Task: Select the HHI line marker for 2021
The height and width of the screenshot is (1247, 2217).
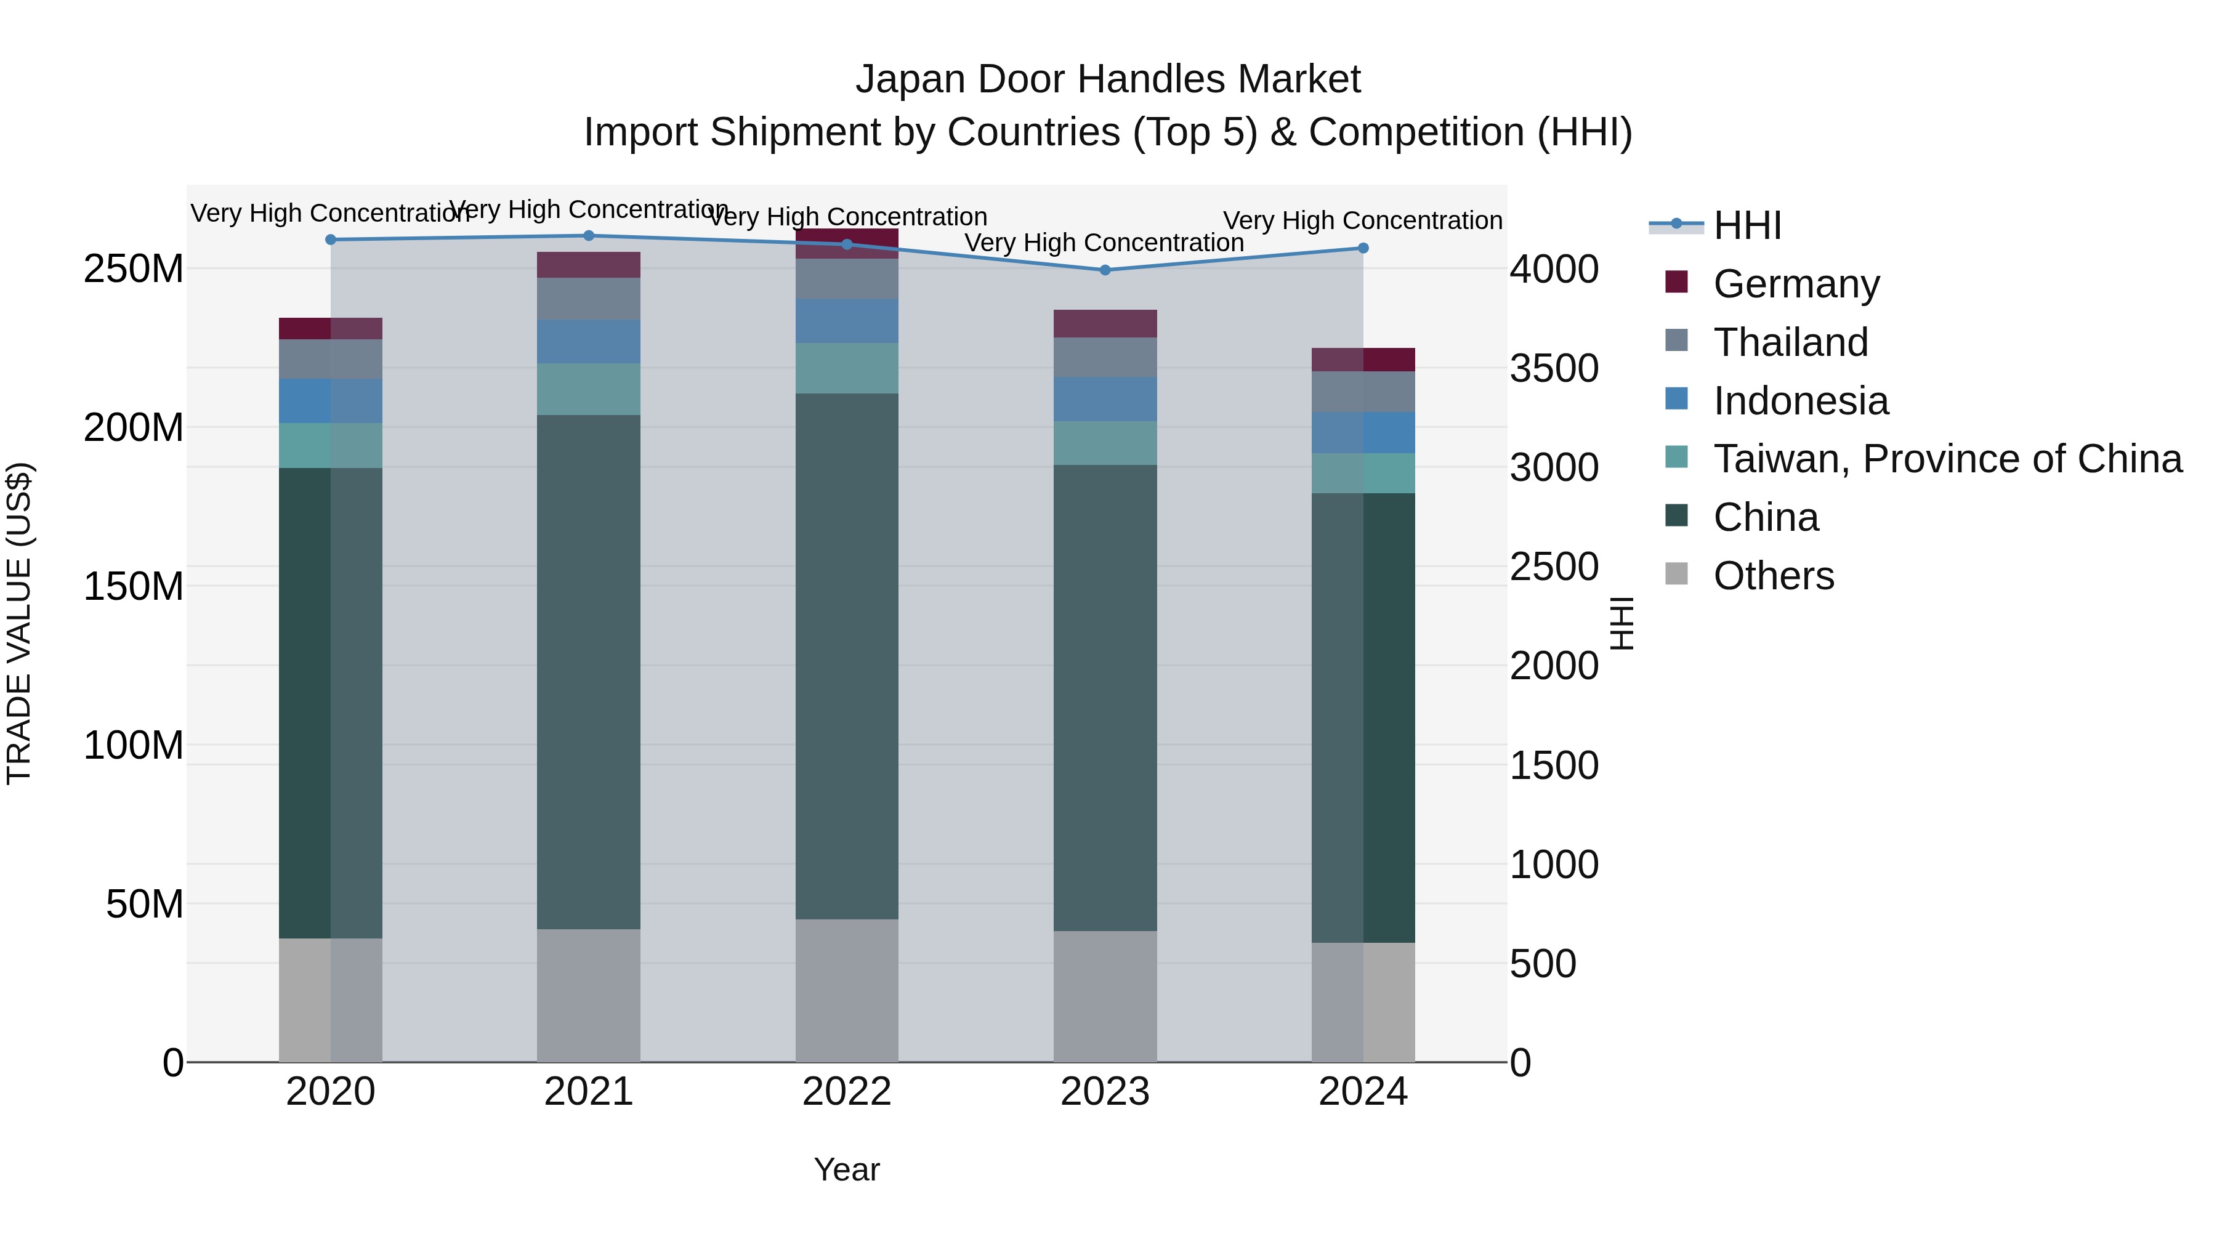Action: tap(589, 236)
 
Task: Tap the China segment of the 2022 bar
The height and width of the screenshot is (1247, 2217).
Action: tap(847, 656)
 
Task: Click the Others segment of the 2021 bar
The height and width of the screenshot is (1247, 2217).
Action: tap(589, 995)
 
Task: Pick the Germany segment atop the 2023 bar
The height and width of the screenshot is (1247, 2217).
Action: tap(1105, 323)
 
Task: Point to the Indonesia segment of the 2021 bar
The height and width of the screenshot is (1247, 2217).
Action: tap(589, 342)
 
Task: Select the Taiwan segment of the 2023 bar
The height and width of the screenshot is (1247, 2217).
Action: tap(1105, 443)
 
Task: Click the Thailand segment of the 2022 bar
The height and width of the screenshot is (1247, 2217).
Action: tap(847, 279)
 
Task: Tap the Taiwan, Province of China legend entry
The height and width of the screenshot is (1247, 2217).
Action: tap(1947, 459)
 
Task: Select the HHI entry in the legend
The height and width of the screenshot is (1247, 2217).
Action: tap(1747, 225)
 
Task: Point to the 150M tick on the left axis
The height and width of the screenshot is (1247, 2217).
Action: tap(134, 586)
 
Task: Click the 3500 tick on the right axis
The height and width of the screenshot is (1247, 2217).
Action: tap(1554, 368)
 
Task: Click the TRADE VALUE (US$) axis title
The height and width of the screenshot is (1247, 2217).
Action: tap(20, 623)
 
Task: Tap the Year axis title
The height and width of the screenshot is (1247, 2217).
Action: tap(847, 1169)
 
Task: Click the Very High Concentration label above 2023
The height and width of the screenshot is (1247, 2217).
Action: tap(1104, 243)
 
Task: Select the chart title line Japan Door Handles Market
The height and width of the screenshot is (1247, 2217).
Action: tap(1108, 79)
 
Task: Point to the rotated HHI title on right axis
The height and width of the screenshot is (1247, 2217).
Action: tap(1621, 623)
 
